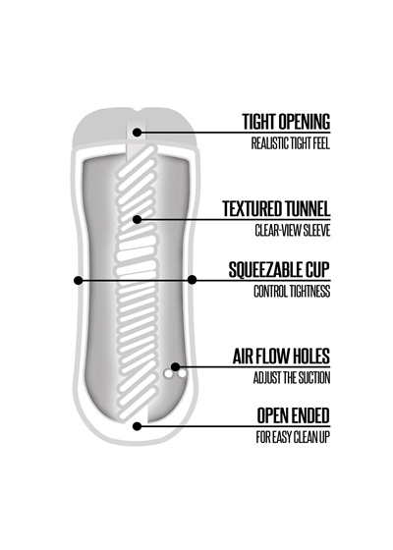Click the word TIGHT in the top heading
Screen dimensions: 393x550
pos(258,122)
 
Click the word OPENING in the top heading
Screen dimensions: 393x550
pos(304,122)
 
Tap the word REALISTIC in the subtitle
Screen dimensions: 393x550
pos(270,143)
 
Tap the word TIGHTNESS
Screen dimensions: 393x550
pos(309,292)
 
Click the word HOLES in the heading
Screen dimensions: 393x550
pos(309,357)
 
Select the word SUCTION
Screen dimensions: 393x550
pos(314,378)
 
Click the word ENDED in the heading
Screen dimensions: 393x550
pos(311,415)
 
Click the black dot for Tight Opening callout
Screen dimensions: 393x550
pos(138,133)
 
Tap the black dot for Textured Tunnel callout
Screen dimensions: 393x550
pos(138,219)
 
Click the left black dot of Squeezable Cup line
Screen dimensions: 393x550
pos(79,280)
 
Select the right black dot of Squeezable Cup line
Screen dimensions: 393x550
pos(192,280)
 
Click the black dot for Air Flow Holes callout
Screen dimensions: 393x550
pos(175,367)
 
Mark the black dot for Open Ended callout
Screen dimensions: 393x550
pos(138,426)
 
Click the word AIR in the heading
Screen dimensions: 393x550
pos(242,357)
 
